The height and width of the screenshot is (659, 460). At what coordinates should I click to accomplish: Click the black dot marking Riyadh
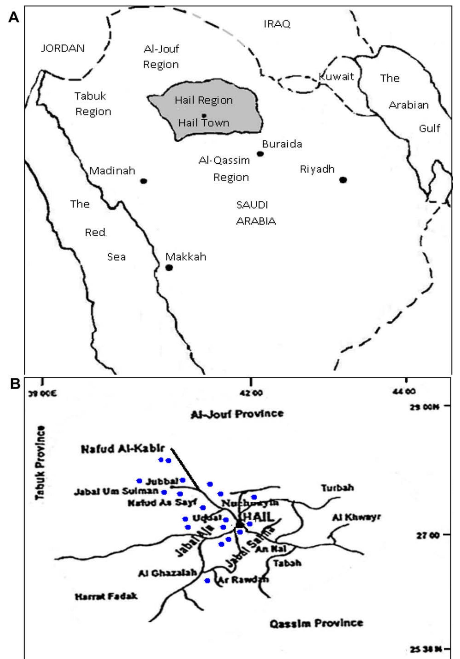(343, 180)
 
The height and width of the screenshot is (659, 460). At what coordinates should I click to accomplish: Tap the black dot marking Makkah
(169, 268)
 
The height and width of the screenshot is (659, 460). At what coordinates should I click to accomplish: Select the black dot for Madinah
(144, 181)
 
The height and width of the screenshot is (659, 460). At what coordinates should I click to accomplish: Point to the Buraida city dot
(260, 154)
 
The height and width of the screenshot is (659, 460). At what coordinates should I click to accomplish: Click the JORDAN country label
(63, 48)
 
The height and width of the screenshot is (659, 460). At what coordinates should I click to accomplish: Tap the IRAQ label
(277, 24)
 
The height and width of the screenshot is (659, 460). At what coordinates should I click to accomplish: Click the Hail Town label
(204, 123)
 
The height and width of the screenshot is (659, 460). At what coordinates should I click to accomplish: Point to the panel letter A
(14, 17)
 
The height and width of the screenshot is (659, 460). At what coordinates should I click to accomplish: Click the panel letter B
(15, 384)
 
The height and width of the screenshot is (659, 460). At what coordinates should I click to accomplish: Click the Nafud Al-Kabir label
(123, 449)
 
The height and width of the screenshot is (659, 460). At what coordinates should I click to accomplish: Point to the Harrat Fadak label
(106, 596)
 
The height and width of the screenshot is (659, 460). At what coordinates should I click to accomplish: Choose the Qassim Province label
(316, 623)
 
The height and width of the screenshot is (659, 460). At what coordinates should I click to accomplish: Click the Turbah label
(337, 488)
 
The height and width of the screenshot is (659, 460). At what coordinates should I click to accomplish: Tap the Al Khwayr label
(356, 517)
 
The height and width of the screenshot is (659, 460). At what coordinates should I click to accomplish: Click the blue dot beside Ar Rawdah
(207, 581)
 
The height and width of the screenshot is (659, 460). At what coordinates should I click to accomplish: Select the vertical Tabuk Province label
(40, 463)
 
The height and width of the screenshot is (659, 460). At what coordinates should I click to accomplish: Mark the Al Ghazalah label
(167, 573)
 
